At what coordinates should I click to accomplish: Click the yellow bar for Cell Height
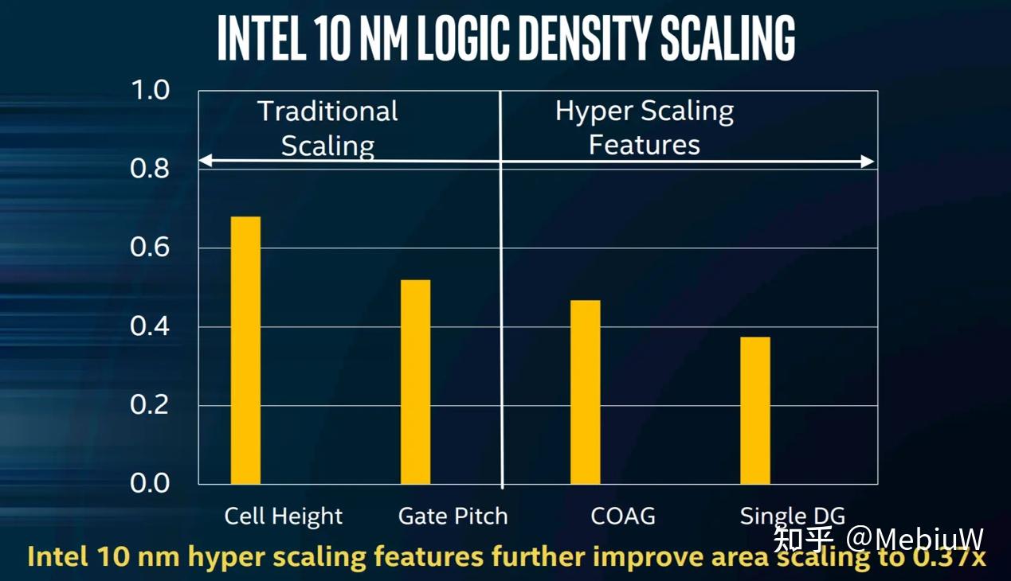click(245, 350)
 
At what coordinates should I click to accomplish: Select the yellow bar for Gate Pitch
click(415, 382)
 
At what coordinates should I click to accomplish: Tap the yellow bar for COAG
click(586, 392)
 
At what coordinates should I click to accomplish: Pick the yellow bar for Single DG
click(755, 410)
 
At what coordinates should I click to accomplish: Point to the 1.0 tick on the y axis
click(151, 90)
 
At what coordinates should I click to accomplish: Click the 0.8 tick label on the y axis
click(151, 169)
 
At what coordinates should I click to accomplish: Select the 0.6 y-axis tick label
click(151, 248)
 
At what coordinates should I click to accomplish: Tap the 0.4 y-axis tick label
click(151, 326)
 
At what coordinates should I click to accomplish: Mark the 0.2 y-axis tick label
click(151, 405)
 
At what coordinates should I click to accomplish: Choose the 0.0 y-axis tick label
click(151, 483)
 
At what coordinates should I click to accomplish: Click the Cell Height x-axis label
click(284, 517)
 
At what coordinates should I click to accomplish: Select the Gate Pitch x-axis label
click(453, 517)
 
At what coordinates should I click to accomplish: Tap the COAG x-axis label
click(623, 517)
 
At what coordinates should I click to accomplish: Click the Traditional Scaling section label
click(327, 128)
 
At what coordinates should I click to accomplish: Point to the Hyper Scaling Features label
click(644, 127)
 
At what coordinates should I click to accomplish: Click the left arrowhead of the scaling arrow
click(205, 162)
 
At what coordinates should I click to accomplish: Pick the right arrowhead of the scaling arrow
click(868, 162)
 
